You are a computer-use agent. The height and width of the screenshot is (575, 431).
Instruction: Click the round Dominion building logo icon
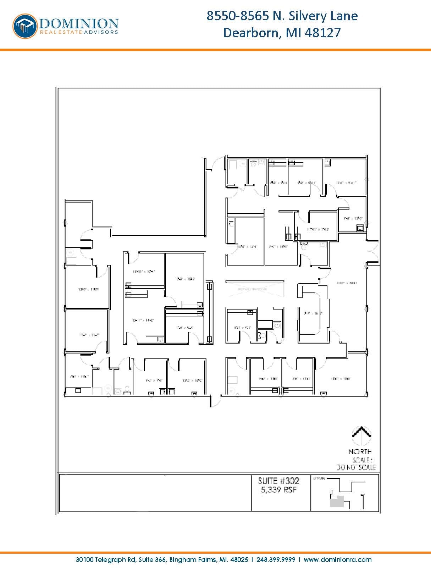25,26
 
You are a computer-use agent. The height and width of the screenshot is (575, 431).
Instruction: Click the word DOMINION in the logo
79,23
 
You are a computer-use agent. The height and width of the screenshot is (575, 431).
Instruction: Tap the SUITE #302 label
278,481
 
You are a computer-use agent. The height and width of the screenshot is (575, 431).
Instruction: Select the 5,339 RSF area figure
278,490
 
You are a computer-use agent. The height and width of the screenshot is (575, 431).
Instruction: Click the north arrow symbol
361,435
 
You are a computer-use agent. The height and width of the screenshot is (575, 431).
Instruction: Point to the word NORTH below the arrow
360,451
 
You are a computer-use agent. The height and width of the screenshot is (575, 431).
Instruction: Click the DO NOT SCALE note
356,467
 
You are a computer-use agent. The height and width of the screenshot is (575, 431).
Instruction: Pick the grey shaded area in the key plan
337,502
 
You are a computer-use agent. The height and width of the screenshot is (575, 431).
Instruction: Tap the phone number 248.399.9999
275,560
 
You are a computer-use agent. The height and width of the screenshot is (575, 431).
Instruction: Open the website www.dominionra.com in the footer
338,560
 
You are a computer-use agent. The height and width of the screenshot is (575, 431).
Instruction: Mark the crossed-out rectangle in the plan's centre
255,288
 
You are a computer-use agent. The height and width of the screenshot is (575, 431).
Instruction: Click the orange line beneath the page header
215,50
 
